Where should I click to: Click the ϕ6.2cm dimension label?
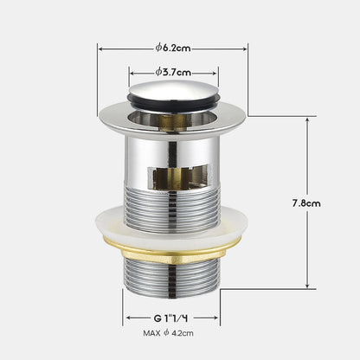173,48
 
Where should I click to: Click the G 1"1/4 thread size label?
172,317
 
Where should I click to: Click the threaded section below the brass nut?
173,277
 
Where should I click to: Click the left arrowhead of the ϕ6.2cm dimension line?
100,48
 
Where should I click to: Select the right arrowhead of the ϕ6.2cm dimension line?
245,48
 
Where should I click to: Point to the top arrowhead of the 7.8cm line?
306,119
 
